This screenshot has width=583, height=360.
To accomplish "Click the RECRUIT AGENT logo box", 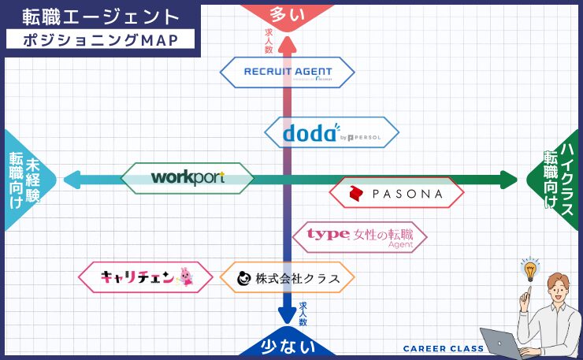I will click(x=287, y=73).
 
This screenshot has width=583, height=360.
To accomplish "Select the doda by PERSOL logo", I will click(x=331, y=133).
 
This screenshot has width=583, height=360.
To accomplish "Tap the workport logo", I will click(x=188, y=178).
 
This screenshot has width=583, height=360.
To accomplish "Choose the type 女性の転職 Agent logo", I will click(x=360, y=236).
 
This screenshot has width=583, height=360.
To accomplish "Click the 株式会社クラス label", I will click(x=287, y=277).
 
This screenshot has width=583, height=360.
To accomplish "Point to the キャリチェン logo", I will click(x=146, y=277).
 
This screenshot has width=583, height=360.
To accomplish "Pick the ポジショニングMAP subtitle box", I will click(x=99, y=39).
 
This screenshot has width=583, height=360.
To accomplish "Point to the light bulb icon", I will click(x=530, y=270).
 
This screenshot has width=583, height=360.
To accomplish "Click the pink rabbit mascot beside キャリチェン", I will click(x=185, y=277).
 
